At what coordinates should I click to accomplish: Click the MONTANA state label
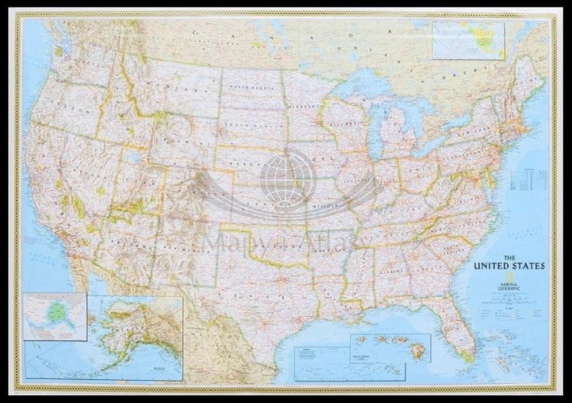[178, 91]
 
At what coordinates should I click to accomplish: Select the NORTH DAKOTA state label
[250, 91]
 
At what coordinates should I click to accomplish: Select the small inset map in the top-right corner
[468, 39]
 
